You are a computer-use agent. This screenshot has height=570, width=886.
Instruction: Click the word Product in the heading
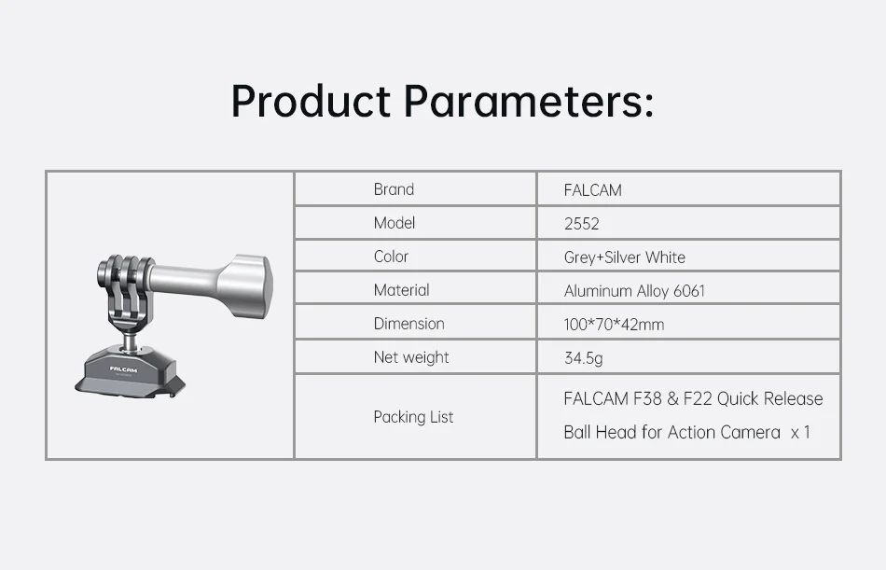coord(311,101)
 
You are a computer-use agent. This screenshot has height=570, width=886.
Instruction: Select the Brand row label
coord(394,188)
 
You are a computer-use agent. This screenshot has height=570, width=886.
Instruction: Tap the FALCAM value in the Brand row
coord(593,190)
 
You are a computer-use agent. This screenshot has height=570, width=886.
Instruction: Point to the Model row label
coord(395,223)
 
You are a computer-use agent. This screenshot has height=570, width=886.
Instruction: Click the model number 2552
coord(581,224)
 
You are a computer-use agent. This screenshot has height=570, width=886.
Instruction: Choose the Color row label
coord(391,257)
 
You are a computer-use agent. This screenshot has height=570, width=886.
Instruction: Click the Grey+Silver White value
coord(624,257)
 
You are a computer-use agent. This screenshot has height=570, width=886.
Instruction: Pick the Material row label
coord(401,290)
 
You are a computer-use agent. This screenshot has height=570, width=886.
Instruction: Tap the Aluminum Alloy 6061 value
coord(634,291)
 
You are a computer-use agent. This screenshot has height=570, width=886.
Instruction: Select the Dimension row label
coord(409,324)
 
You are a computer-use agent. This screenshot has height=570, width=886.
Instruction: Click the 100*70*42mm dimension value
coord(614,325)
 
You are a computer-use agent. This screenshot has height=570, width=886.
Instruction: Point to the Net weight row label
coord(411,357)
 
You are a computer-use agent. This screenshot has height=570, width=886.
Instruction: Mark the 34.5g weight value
coord(583,358)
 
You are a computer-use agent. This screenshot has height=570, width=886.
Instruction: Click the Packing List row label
coord(413,417)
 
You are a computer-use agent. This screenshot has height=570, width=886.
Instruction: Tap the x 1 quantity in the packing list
coord(801,433)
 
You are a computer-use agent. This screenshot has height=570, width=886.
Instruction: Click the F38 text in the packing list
coord(647,398)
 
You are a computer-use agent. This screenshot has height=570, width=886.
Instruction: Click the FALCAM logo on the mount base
coord(123,369)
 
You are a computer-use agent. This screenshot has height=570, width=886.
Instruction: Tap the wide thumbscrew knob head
coord(246,283)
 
